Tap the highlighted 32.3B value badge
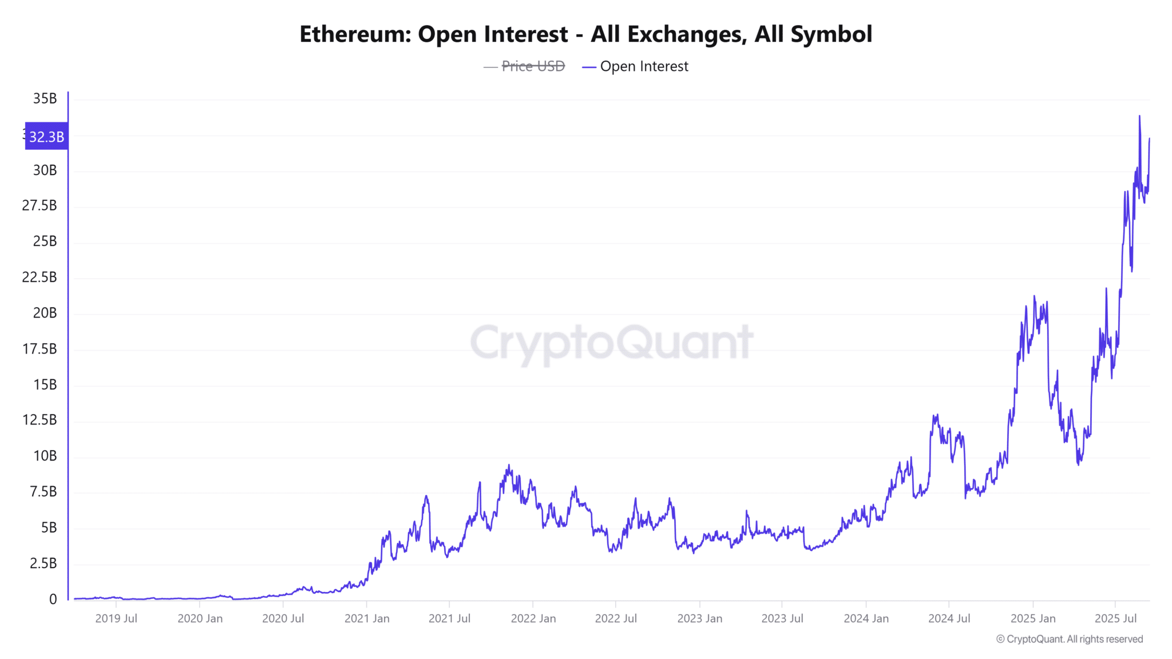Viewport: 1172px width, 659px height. coord(46,137)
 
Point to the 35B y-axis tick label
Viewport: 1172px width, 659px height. coord(45,98)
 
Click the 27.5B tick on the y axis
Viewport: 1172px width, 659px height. coord(39,205)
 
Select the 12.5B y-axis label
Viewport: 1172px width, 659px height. coord(39,420)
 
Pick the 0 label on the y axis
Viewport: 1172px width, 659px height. coord(53,599)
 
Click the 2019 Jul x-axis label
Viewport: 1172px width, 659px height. coord(116,618)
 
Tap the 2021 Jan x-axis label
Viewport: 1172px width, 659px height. coord(367,618)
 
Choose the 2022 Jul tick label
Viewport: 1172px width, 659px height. coord(616,618)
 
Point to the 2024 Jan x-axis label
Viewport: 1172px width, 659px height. coord(866,618)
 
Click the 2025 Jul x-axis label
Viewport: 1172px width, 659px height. coord(1115,618)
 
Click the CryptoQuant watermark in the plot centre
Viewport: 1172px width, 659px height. coord(611,342)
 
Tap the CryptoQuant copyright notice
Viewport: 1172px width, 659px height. coord(1070,639)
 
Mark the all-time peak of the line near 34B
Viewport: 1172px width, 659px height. coord(1139,116)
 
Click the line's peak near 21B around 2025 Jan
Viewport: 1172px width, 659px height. coord(1034,296)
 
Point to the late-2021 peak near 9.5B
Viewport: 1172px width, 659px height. coord(509,466)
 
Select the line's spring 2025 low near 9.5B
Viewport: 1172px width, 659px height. coord(1079,464)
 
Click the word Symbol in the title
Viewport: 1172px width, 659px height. coord(831,34)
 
